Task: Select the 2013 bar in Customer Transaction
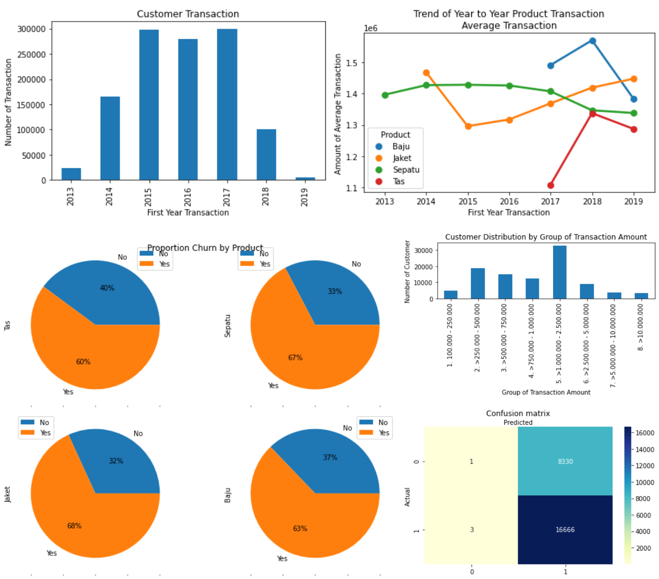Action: tap(71, 174)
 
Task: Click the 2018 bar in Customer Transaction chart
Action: tap(266, 155)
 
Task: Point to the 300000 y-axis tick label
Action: tap(32, 29)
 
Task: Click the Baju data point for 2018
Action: tap(592, 41)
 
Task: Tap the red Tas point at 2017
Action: tap(550, 186)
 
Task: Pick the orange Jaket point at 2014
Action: tap(426, 73)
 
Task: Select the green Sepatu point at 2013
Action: tap(385, 95)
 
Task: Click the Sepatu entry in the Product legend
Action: tap(405, 170)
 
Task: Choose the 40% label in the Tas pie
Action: tap(107, 288)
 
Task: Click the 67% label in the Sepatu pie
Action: tap(295, 358)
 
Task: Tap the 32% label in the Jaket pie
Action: tap(116, 461)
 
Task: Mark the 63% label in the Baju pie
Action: tap(300, 528)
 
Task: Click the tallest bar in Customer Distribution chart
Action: tap(559, 272)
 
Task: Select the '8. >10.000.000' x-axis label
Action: tap(641, 327)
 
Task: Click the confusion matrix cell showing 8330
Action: tap(565, 461)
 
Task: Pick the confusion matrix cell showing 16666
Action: tap(565, 530)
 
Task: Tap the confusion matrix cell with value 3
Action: tap(472, 530)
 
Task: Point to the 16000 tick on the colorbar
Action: tap(645, 433)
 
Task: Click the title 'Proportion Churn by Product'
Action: tap(205, 248)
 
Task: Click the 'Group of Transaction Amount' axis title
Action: tap(546, 392)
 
